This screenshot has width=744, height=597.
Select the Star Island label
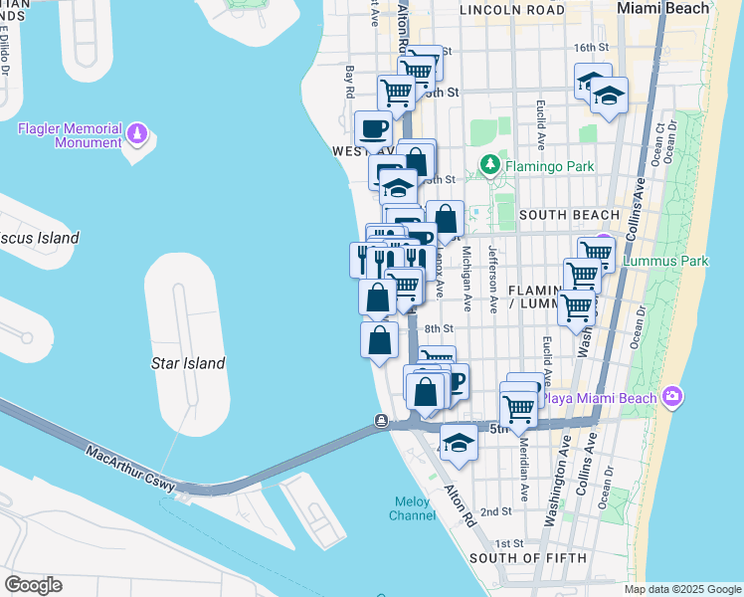188,363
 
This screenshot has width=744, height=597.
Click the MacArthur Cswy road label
131,471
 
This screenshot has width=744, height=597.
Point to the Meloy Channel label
411,507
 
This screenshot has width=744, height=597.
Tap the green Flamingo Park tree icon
488,163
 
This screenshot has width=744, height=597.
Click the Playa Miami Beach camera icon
672,398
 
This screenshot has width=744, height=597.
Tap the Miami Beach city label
663,8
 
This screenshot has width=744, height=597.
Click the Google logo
33,585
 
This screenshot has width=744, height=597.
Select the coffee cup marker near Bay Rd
374,128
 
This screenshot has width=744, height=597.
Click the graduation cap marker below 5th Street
459,443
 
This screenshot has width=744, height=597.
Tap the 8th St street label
439,328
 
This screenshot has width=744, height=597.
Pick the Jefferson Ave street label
492,280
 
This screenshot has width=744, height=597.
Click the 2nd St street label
495,511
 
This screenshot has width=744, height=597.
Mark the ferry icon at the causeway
382,420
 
